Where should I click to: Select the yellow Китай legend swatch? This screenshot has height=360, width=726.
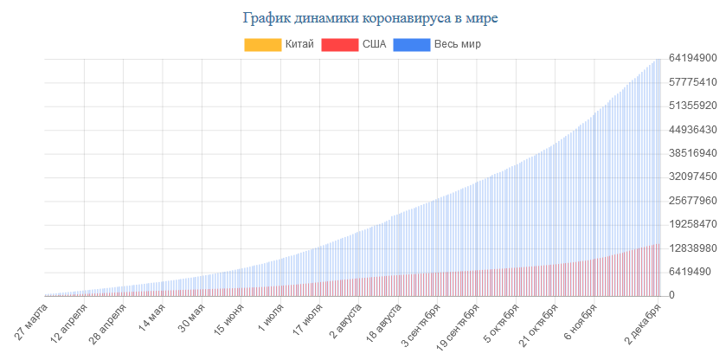(262, 44)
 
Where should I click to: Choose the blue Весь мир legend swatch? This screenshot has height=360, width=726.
(411, 44)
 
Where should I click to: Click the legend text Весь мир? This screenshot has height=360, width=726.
(457, 44)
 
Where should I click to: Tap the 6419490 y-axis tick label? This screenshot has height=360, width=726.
(692, 272)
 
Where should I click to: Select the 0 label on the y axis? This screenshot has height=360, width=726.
(671, 295)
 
